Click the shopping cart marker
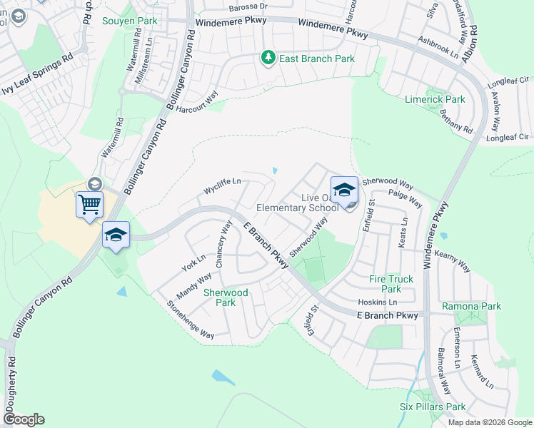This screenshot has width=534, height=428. [89, 205]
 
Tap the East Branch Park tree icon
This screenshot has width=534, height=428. [268, 57]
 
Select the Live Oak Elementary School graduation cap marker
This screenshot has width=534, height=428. [344, 191]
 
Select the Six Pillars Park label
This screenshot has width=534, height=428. [433, 407]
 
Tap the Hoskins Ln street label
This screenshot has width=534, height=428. [377, 302]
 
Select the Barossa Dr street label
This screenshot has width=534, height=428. [248, 6]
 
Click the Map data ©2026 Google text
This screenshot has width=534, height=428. [489, 422]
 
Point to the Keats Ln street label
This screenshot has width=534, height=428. [404, 233]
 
